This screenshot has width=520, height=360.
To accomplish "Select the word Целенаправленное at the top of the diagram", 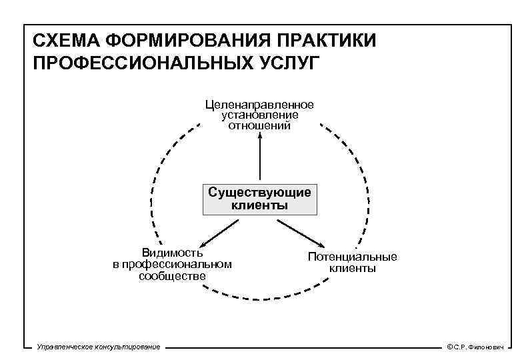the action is point(259,105).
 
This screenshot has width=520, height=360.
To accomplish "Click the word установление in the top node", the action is point(260,115).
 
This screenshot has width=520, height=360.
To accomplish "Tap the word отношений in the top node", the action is point(260,125).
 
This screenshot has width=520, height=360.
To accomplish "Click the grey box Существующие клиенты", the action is point(259,199).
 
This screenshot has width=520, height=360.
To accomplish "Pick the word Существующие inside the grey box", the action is point(259,193).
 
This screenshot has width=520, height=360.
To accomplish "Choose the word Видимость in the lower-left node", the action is point(172,253).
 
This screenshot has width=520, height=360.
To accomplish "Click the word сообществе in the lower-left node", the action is point(172,275).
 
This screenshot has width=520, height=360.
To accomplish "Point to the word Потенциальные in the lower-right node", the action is point(352,257).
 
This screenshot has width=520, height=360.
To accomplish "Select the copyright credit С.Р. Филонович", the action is point(475,347).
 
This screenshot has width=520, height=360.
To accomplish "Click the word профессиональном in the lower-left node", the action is point(172,264).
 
